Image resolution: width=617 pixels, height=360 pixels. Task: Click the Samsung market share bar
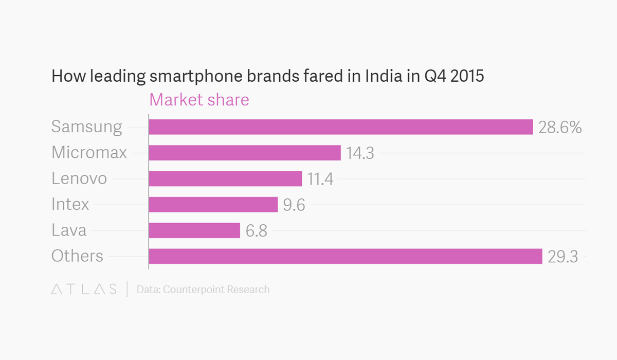pyautogui.click(x=340, y=127)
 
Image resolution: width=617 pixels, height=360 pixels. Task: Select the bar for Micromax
pyautogui.click(x=245, y=153)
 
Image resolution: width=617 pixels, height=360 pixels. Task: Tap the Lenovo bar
pyautogui.click(x=225, y=178)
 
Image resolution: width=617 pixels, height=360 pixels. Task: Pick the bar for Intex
pyautogui.click(x=213, y=205)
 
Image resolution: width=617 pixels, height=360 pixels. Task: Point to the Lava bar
pyautogui.click(x=194, y=230)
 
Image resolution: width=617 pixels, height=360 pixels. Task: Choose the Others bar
pyautogui.click(x=346, y=256)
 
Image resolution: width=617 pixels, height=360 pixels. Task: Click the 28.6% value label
pyautogui.click(x=560, y=128)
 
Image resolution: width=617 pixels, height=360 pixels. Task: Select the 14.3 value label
pyautogui.click(x=360, y=153)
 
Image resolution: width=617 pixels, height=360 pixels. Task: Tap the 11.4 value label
pyautogui.click(x=320, y=179)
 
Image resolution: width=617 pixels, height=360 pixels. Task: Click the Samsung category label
pyautogui.click(x=87, y=127)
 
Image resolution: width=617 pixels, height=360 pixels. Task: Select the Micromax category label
pyautogui.click(x=89, y=153)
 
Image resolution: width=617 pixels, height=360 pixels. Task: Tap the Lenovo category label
pyautogui.click(x=79, y=178)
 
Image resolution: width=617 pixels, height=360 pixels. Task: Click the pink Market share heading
pyautogui.click(x=199, y=100)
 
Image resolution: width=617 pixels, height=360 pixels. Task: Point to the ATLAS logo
pyautogui.click(x=84, y=290)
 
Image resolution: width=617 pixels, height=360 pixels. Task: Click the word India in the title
pyautogui.click(x=384, y=77)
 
